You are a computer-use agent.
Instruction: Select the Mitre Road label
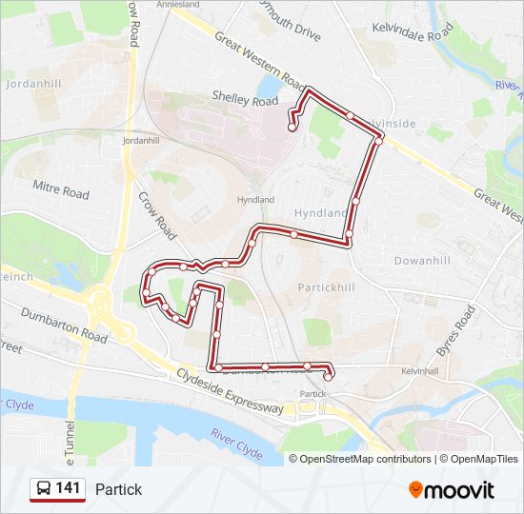61,188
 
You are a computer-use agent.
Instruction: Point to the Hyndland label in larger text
321,213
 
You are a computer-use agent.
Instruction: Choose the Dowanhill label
422,260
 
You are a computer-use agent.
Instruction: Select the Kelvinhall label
419,370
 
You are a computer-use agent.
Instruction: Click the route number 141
68,488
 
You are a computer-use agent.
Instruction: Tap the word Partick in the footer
118,489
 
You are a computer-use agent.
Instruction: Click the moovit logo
452,489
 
